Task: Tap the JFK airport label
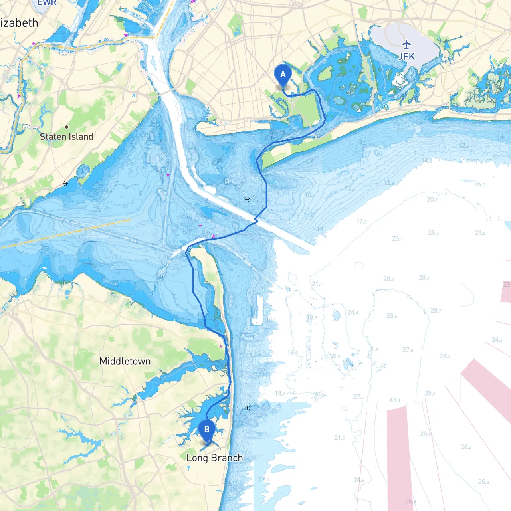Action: (x=406, y=57)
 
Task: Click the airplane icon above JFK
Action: (x=406, y=44)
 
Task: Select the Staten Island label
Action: (x=67, y=137)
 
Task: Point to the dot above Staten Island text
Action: (x=67, y=127)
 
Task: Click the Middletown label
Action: (x=125, y=361)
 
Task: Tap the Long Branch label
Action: (x=215, y=458)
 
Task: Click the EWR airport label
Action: (x=47, y=3)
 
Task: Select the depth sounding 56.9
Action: (x=410, y=501)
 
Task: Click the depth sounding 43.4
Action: (x=394, y=400)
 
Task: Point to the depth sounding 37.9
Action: (x=408, y=350)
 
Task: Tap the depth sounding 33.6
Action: (x=392, y=316)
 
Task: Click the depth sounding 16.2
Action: (x=479, y=184)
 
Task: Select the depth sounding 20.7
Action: (x=432, y=199)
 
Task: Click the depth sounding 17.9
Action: (x=361, y=222)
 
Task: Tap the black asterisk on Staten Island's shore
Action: (x=66, y=184)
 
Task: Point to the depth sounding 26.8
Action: (x=483, y=482)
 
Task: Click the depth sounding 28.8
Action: (x=388, y=279)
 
